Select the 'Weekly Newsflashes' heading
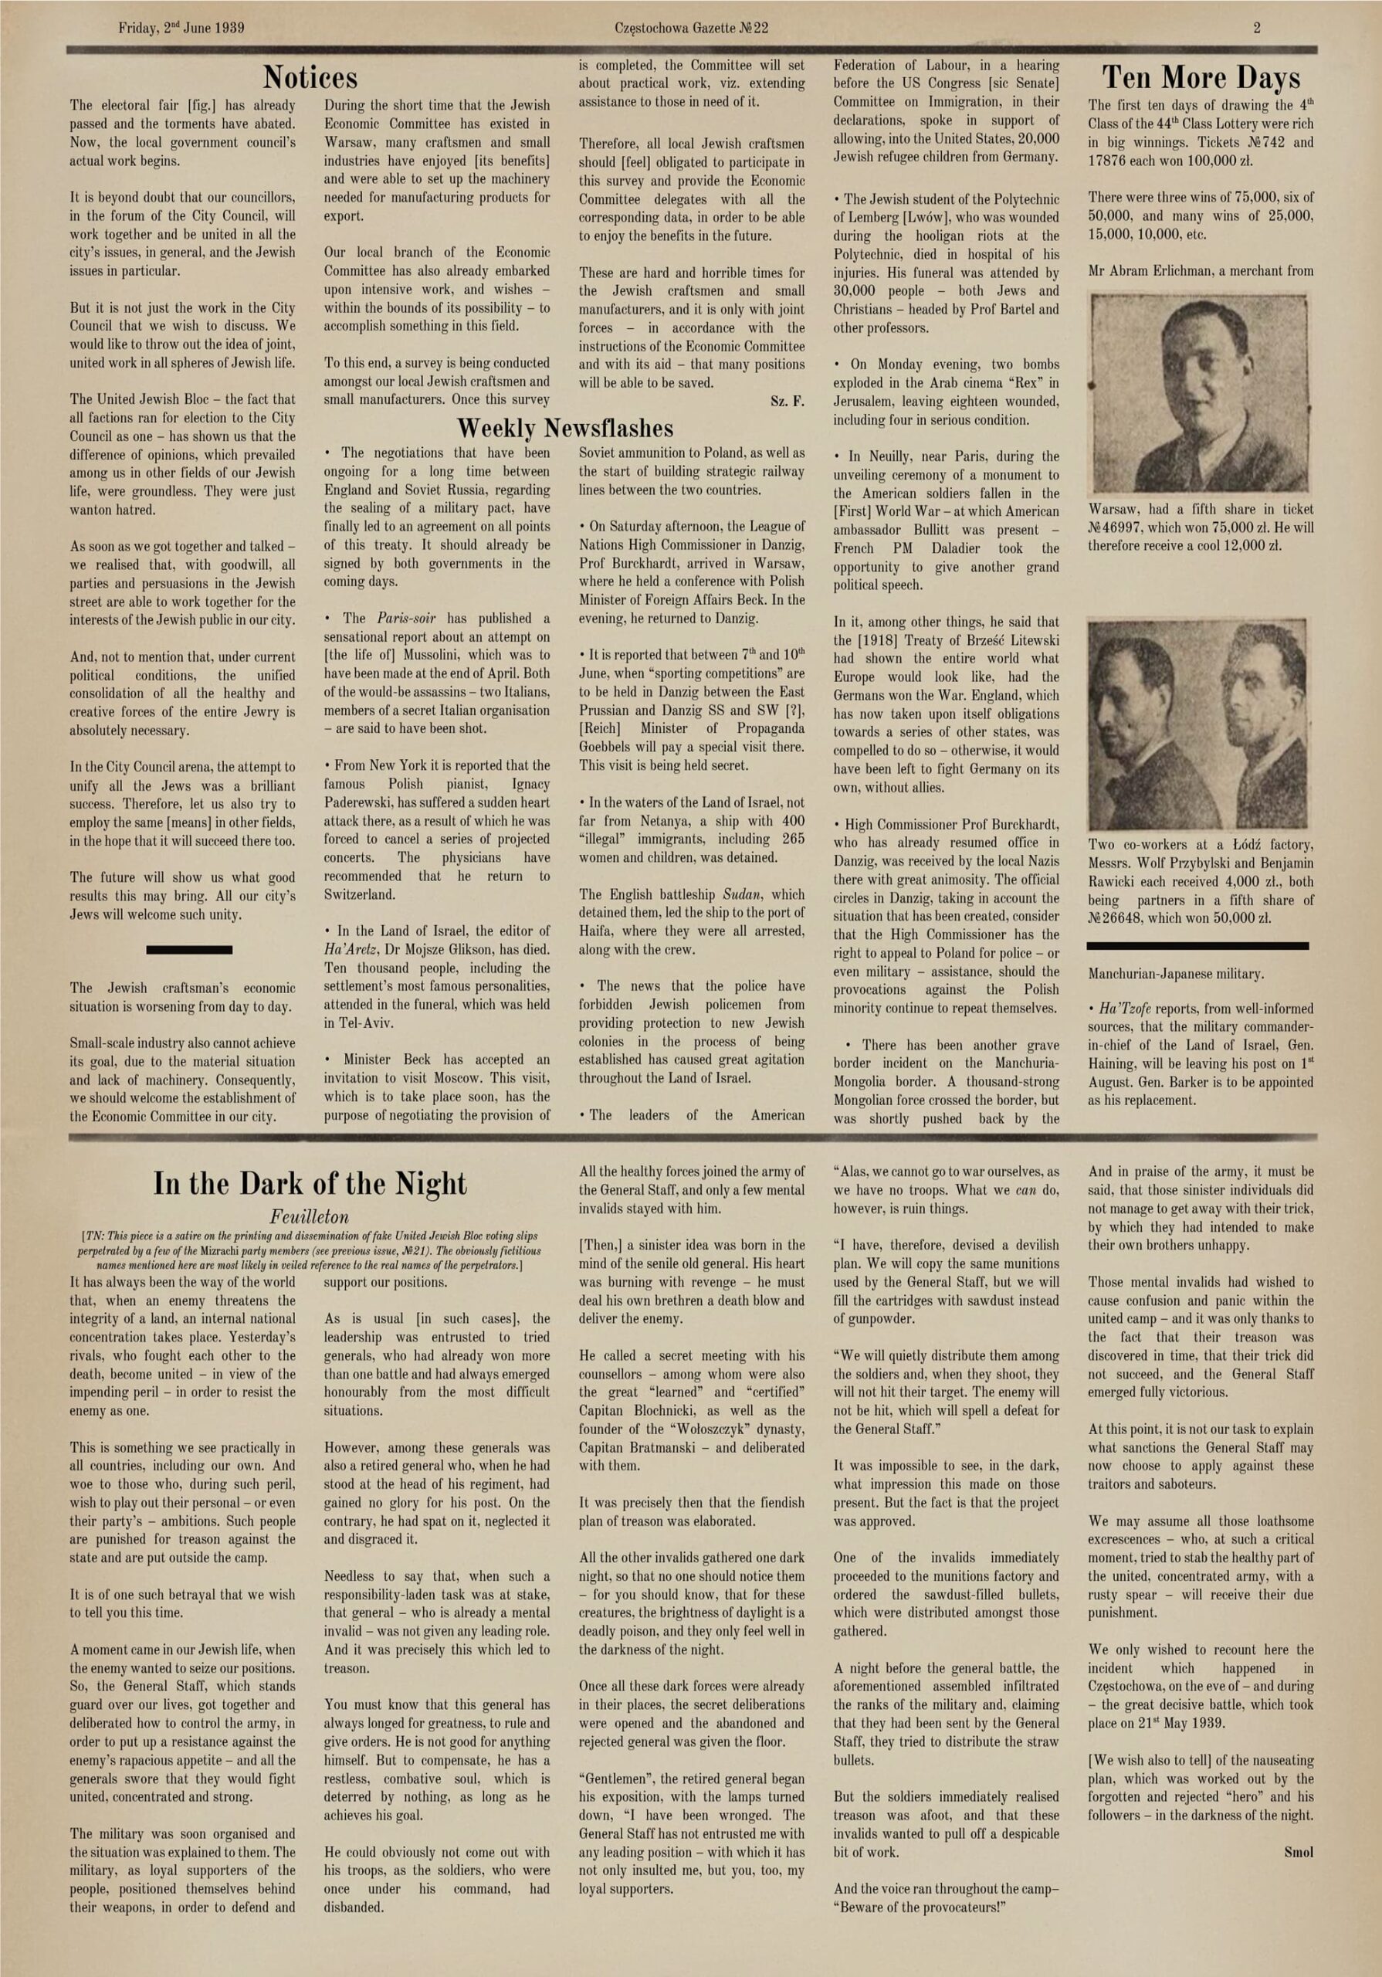tap(565, 428)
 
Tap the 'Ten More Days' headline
tap(1201, 78)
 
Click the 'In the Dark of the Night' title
tap(310, 1184)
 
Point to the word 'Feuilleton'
tap(310, 1216)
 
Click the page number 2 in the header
tap(1257, 28)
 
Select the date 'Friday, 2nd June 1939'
tap(181, 28)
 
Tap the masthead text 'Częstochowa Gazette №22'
tap(692, 28)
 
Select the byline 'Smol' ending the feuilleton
tap(1299, 1851)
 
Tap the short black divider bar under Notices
tap(189, 950)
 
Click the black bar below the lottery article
tap(1197, 945)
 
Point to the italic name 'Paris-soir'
tap(406, 619)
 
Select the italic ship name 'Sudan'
tap(740, 894)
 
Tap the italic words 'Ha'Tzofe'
tap(1120, 1009)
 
